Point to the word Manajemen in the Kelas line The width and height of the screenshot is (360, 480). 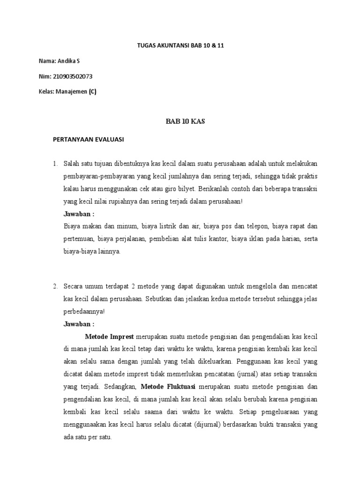coord(71,91)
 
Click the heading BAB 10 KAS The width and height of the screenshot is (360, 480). coord(180,121)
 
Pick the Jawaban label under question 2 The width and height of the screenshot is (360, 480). coord(79,323)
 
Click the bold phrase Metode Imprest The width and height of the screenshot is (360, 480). coord(109,337)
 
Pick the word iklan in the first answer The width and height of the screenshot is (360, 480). coord(254,239)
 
